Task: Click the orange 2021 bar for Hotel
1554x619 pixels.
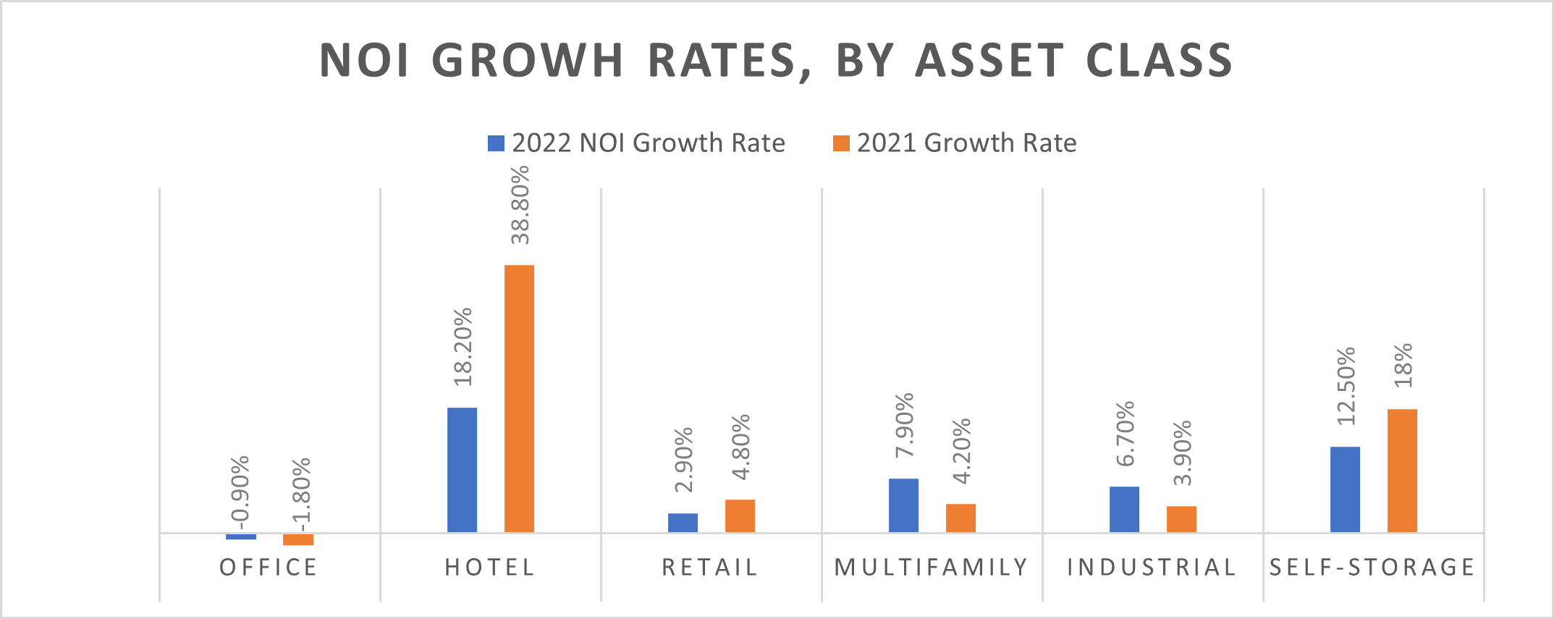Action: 519,398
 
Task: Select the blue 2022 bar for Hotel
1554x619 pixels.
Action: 462,470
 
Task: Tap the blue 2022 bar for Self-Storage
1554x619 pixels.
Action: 1345,489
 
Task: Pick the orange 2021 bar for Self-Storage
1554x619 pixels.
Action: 1402,471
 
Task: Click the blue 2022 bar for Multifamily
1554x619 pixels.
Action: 903,505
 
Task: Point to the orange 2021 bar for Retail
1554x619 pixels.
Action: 740,515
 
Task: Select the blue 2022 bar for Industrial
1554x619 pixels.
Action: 1124,509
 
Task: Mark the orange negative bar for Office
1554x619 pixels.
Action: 298,539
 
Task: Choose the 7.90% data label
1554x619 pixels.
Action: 905,425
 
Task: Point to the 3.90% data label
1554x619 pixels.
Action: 1183,452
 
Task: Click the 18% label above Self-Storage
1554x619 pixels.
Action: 1403,365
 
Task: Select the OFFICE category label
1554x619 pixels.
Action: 269,568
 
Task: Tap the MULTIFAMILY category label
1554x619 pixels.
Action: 932,568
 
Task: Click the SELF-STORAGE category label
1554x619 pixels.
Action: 1372,568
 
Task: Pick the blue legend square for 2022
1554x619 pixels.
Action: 496,143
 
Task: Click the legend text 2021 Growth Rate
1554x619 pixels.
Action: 966,143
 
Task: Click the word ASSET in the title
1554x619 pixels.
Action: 989,60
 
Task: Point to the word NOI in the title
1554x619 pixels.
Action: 364,60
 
